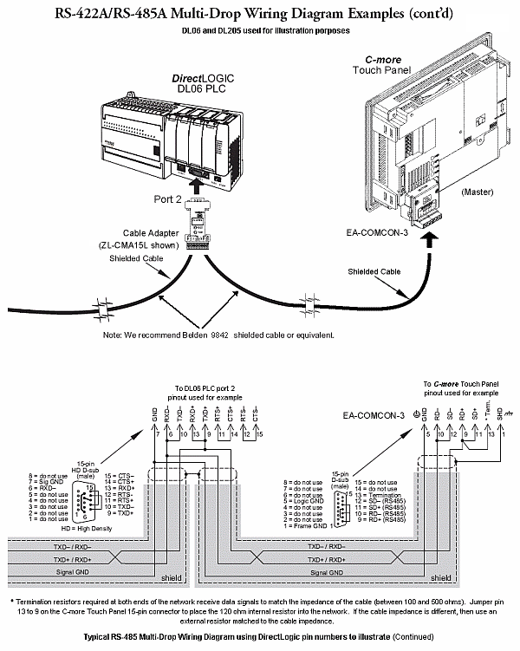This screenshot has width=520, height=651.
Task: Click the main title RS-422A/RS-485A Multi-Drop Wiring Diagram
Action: tap(259, 12)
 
